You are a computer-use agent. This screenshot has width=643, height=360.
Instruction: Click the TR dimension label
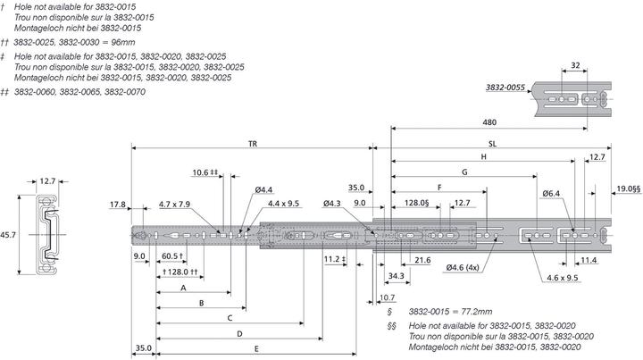pyautogui.click(x=253, y=143)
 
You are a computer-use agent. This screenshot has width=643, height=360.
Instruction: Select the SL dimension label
pyautogui.click(x=493, y=143)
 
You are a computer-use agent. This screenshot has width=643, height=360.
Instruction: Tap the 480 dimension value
pyautogui.click(x=489, y=123)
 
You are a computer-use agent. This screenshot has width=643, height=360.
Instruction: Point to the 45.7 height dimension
pyautogui.click(x=10, y=235)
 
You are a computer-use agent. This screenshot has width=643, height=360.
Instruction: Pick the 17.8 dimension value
pyautogui.click(x=118, y=205)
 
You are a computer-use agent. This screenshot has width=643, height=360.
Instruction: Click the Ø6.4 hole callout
pyautogui.click(x=551, y=193)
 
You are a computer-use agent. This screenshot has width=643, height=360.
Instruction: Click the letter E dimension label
pyautogui.click(x=256, y=347)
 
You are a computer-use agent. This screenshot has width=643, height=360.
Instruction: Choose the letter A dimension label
pyautogui.click(x=183, y=289)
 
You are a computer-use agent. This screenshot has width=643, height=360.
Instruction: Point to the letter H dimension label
pyautogui.click(x=483, y=156)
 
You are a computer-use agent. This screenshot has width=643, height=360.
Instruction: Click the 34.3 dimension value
pyautogui.click(x=396, y=276)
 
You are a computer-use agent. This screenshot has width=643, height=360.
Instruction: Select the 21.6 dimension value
pyautogui.click(x=422, y=260)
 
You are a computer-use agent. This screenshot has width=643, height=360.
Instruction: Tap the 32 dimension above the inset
pyautogui.click(x=575, y=65)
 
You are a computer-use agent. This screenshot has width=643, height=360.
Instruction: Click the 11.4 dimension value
pyautogui.click(x=589, y=260)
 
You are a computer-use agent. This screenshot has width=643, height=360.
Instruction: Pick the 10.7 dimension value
pyautogui.click(x=387, y=297)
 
